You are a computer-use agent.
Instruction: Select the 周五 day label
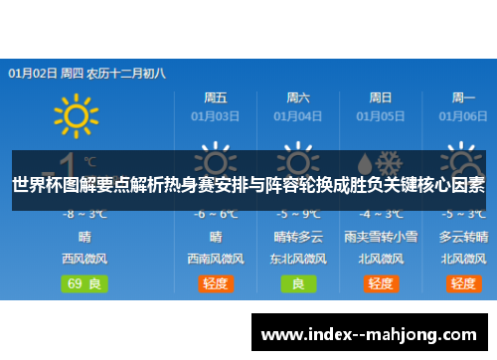point(216,97)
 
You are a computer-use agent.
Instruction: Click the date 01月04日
point(298,116)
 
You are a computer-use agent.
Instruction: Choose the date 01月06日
point(463,116)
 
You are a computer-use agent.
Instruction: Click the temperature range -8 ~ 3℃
point(85,214)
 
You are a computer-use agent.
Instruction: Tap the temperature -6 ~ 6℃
point(216,214)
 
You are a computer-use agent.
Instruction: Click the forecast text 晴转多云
point(298,237)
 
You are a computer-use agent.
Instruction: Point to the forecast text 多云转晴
point(463,237)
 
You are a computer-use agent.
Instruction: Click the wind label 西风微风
point(85,259)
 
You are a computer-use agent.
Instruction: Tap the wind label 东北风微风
point(298,259)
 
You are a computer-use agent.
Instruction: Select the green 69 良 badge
point(85,282)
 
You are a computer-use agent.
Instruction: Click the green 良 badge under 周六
point(298,282)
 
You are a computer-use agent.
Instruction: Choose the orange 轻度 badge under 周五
point(216,282)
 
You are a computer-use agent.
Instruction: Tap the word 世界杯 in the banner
point(34,184)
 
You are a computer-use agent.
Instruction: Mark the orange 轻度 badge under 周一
point(463,282)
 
